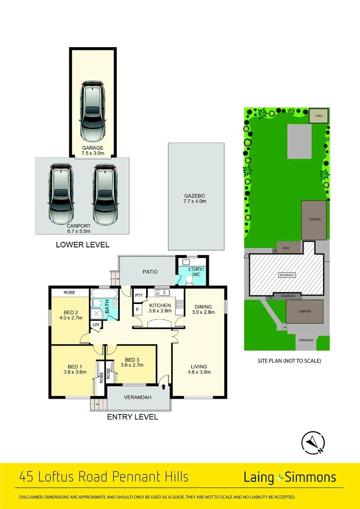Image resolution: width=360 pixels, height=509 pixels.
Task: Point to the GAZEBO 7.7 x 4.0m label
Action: (x=195, y=198)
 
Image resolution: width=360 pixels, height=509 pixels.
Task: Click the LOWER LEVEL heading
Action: (x=82, y=245)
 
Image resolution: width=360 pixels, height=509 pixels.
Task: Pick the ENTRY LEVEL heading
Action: (x=132, y=417)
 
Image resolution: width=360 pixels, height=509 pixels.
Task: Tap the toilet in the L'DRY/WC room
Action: (x=190, y=279)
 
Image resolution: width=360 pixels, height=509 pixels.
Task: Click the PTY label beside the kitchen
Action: (x=139, y=296)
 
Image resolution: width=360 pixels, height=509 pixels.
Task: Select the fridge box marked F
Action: (x=138, y=310)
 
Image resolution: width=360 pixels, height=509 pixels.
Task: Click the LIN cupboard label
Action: (x=96, y=325)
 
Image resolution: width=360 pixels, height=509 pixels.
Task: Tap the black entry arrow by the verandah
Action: (x=164, y=386)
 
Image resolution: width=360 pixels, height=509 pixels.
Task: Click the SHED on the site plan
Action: (x=319, y=116)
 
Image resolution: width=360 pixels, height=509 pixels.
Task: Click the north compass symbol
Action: (x=313, y=443)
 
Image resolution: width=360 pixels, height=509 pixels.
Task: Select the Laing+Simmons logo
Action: (x=290, y=477)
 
